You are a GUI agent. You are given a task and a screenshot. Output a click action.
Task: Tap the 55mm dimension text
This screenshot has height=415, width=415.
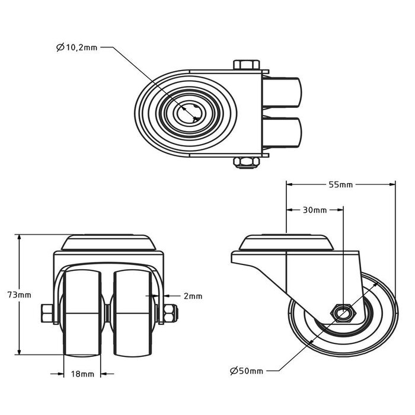[x=340, y=184]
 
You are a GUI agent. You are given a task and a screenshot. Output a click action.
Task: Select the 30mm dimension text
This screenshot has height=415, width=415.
[x=315, y=210]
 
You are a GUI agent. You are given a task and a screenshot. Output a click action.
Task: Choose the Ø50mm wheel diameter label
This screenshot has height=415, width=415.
[x=246, y=371]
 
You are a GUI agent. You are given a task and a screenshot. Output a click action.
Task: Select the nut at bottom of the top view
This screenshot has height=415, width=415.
[x=245, y=162]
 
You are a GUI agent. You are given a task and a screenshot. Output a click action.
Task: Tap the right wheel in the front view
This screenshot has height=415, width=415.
[x=133, y=311]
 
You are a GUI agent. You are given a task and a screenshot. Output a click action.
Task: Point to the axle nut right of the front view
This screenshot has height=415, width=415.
[x=168, y=312]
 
